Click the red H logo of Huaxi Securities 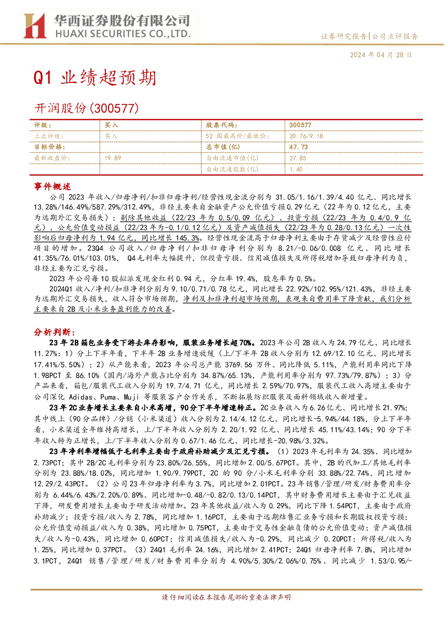tap(35, 26)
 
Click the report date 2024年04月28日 tap(380, 55)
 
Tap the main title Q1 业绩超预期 tap(95, 77)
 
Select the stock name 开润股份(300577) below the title tap(86, 108)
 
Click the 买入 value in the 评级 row tap(111, 125)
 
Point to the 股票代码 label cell tap(222, 125)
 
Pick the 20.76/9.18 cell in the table tap(306, 136)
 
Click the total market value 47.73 tap(298, 147)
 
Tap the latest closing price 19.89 tap(112, 158)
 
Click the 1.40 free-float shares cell tap(296, 169)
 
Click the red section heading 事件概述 tap(52, 186)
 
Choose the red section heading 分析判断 tap(55, 332)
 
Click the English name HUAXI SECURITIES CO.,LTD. tap(123, 34)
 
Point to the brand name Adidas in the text tap(81, 397)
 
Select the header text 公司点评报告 tap(395, 36)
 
